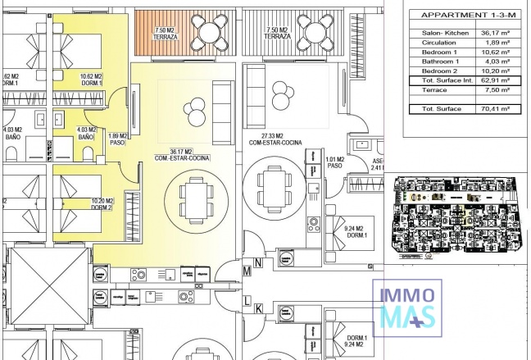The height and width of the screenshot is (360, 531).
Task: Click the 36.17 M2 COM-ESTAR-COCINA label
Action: (x=170, y=154)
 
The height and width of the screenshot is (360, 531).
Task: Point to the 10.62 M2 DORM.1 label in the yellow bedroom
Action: (x=91, y=80)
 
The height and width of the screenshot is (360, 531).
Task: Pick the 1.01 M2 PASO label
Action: (x=334, y=162)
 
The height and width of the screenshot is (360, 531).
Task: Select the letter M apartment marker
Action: (x=247, y=271)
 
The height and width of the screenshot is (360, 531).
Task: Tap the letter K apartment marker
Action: (x=258, y=308)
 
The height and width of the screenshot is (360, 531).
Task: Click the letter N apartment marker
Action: (x=258, y=262)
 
